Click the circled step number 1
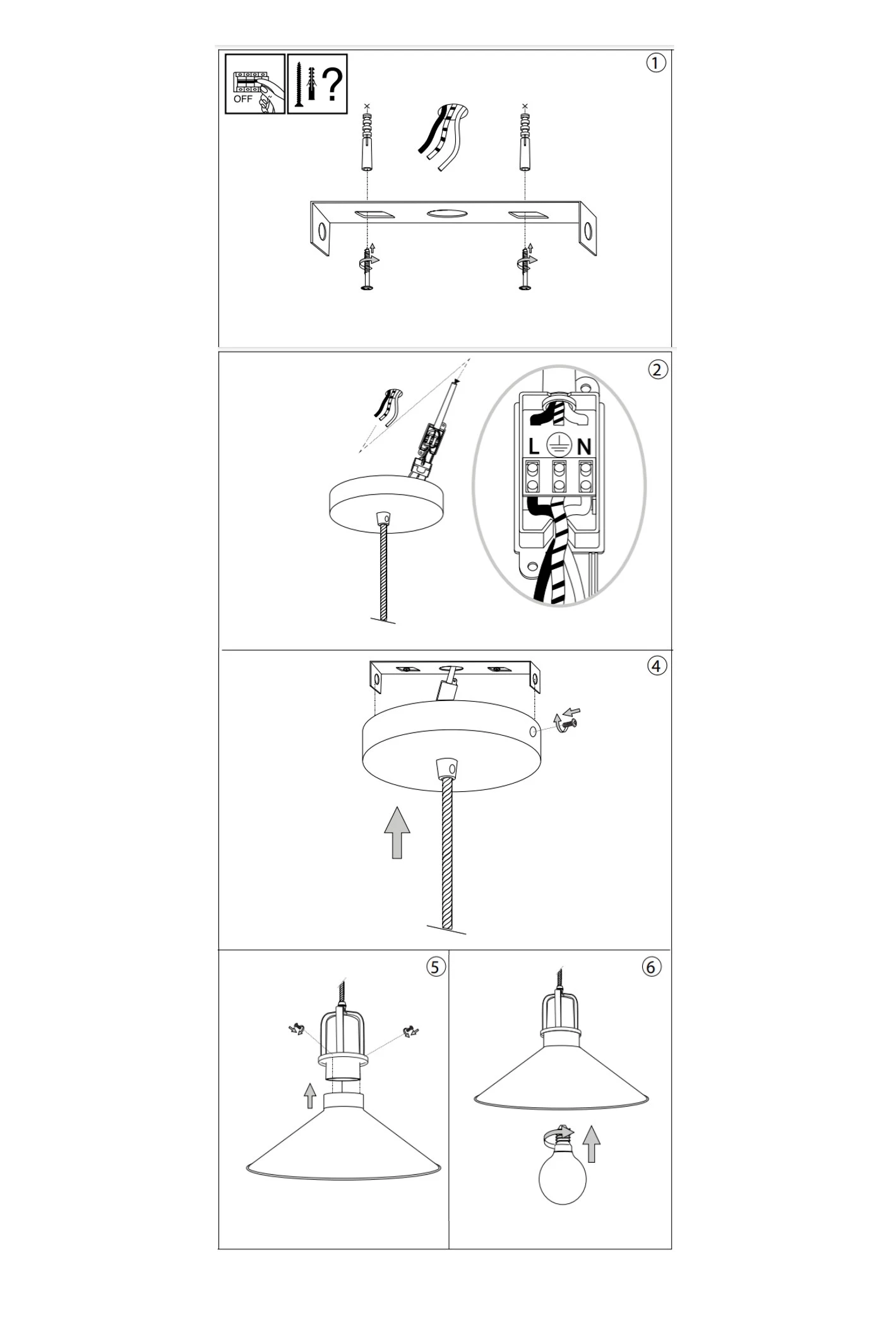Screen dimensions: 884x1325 [656, 63]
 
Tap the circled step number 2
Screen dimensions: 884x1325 [657, 369]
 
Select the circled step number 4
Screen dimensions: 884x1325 [657, 666]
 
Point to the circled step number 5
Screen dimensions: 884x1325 [436, 967]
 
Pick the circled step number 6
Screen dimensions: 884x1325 [652, 967]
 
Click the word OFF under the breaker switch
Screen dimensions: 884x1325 [242, 99]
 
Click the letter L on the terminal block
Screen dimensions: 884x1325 [534, 447]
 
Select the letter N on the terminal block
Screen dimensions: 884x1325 [584, 447]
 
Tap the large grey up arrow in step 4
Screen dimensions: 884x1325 [397, 832]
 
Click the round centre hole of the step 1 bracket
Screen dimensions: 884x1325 [447, 214]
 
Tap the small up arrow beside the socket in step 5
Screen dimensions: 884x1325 [309, 1095]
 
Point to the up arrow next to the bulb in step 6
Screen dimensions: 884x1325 [591, 1144]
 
